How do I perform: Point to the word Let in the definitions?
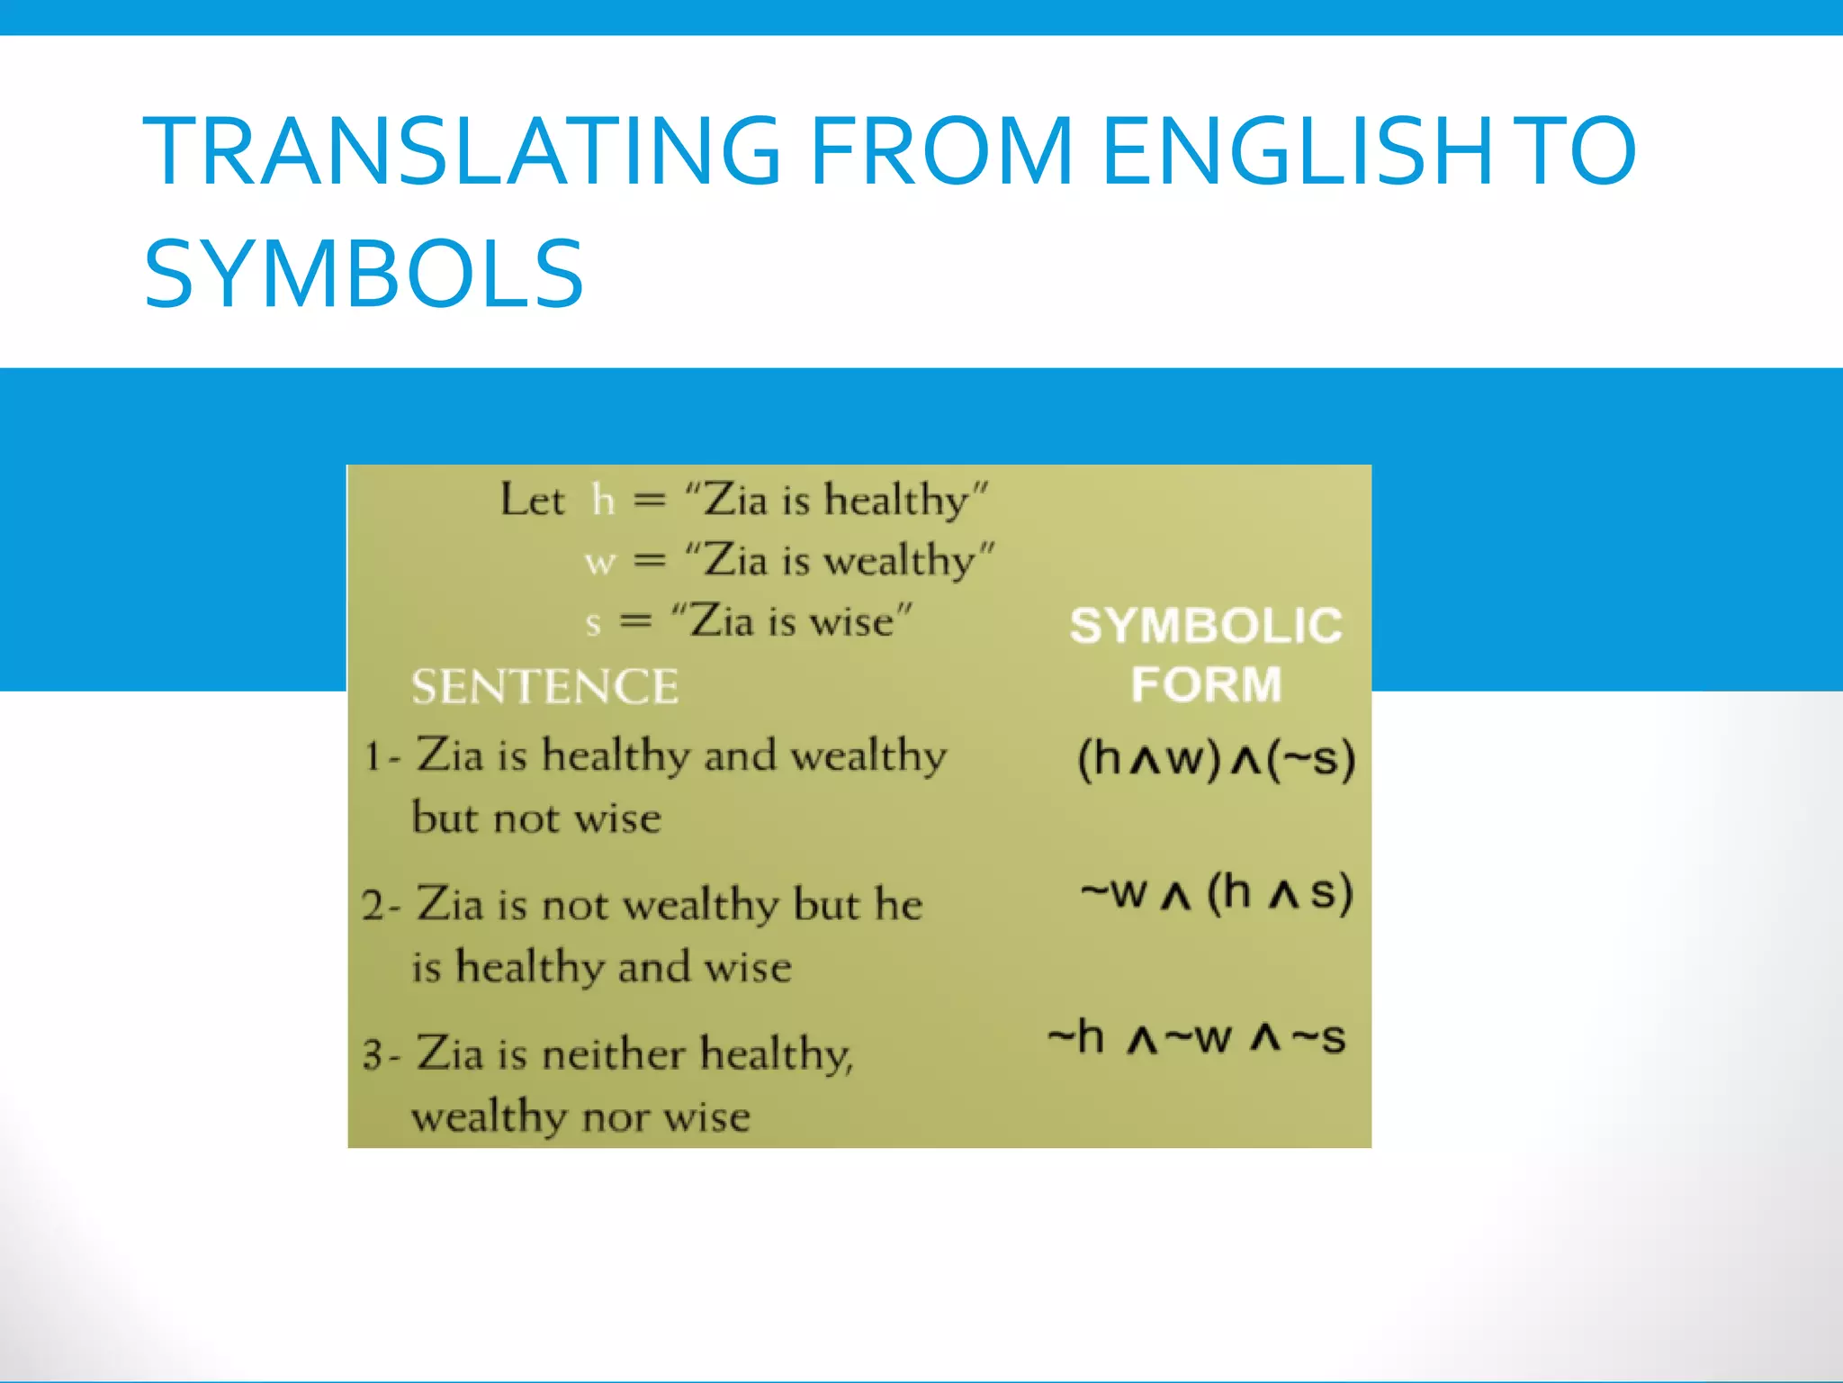[533, 500]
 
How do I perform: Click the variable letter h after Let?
[603, 500]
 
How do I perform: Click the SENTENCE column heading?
[544, 686]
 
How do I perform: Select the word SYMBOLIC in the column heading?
[1206, 626]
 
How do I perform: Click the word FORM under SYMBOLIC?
[1206, 684]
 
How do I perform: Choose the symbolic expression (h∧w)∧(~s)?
[1216, 758]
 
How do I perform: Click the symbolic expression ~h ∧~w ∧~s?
[1197, 1038]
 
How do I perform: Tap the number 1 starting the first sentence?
[372, 756]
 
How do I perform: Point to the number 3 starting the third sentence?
[373, 1055]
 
